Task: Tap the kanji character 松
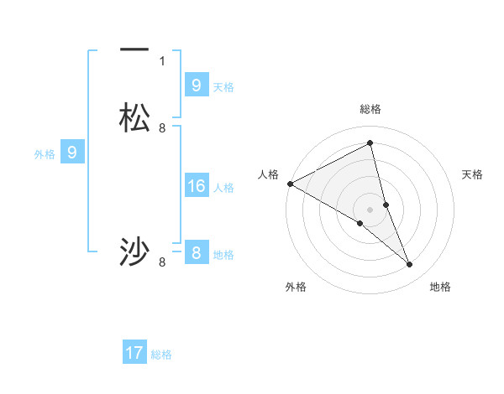[x=134, y=118]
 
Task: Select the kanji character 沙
[x=134, y=251]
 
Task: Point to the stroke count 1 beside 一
[x=162, y=60]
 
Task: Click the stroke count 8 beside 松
[x=162, y=127]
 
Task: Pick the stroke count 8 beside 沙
[x=162, y=262]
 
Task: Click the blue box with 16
[x=197, y=186]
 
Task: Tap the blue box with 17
[x=134, y=353]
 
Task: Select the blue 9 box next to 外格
[x=72, y=153]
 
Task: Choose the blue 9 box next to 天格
[x=197, y=85]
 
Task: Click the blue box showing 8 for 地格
[x=197, y=252]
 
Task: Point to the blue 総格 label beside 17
[x=161, y=355]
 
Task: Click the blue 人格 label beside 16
[x=223, y=188]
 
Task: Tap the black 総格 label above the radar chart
[x=370, y=109]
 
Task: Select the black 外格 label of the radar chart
[x=296, y=287]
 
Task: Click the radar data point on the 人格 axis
[x=290, y=184]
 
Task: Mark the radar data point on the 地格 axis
[x=410, y=265]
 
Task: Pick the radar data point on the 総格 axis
[x=370, y=143]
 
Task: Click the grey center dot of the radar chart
[x=370, y=209]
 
